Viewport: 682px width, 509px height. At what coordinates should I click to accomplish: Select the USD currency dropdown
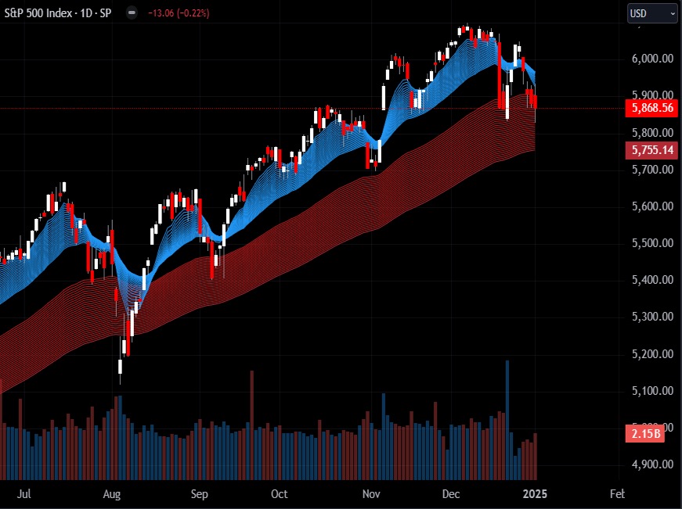tap(651, 13)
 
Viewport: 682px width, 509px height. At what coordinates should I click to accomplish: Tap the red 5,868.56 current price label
tap(650, 109)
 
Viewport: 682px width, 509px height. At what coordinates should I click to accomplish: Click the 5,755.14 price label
tap(650, 150)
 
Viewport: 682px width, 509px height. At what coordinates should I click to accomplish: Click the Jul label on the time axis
tap(23, 494)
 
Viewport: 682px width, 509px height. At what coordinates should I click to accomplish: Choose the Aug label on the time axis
tap(112, 494)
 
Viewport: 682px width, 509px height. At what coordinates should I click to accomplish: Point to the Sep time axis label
tap(200, 494)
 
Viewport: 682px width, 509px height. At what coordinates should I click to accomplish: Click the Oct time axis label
tap(279, 494)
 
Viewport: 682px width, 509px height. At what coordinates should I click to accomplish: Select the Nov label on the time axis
tap(372, 494)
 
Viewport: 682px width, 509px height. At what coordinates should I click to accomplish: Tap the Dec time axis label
tap(450, 494)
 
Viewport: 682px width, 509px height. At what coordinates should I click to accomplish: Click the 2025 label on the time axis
tap(535, 494)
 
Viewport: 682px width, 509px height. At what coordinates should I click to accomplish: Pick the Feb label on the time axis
tap(617, 494)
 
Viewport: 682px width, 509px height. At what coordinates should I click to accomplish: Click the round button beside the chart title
tap(131, 13)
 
